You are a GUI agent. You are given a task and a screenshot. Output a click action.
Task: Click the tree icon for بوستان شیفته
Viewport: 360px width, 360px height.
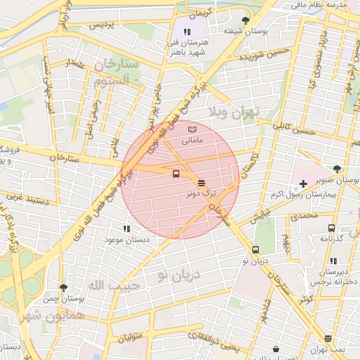245,20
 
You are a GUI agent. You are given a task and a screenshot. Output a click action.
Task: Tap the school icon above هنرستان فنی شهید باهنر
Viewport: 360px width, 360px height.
188,32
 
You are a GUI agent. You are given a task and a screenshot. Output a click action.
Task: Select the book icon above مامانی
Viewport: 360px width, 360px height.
193,129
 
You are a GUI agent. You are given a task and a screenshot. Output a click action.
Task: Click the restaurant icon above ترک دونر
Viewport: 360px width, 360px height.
202,182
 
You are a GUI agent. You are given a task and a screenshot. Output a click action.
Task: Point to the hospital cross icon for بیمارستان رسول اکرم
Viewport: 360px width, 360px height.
303,184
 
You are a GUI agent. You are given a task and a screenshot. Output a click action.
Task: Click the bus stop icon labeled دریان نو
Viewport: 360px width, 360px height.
255,250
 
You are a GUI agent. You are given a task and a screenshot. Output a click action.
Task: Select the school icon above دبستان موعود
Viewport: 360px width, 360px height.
127,229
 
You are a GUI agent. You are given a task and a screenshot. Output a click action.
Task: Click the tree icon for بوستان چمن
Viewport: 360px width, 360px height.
64,288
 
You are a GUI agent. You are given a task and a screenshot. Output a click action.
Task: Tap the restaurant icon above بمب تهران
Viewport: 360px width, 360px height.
328,339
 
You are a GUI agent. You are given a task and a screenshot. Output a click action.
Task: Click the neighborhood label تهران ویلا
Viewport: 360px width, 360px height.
234,112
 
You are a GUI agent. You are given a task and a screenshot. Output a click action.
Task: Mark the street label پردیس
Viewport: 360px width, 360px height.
105,25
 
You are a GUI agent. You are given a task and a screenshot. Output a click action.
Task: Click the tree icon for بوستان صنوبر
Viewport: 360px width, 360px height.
338,168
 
